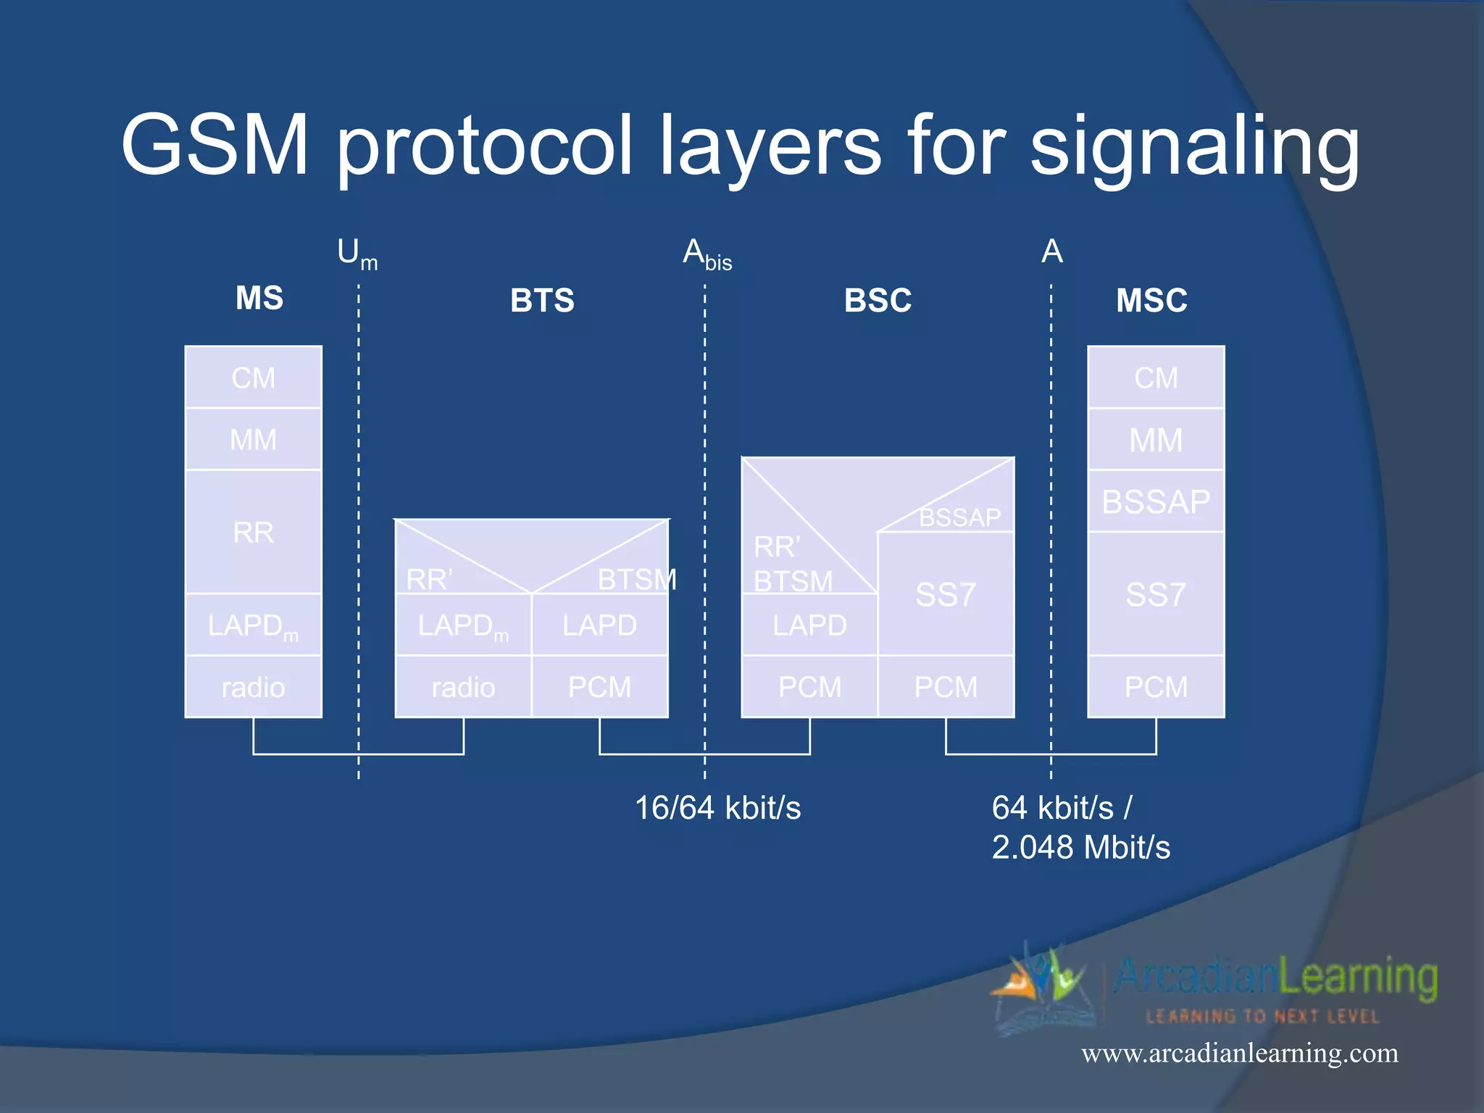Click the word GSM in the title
coord(214,145)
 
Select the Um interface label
coord(357,254)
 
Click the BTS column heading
coord(542,300)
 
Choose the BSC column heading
coord(878,300)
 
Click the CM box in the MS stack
coord(253,378)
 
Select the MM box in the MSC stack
coord(1156,440)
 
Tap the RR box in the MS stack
coord(253,533)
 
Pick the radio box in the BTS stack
coord(463,687)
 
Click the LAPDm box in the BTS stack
coord(463,625)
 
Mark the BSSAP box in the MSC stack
coord(1156,501)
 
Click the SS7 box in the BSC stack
coord(946,595)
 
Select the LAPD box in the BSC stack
coord(809,625)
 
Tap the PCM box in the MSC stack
coord(1156,687)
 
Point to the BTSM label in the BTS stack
coord(636,580)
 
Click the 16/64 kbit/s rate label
coord(717,808)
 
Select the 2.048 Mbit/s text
coord(1080,847)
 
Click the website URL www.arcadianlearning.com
coord(1240,1053)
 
